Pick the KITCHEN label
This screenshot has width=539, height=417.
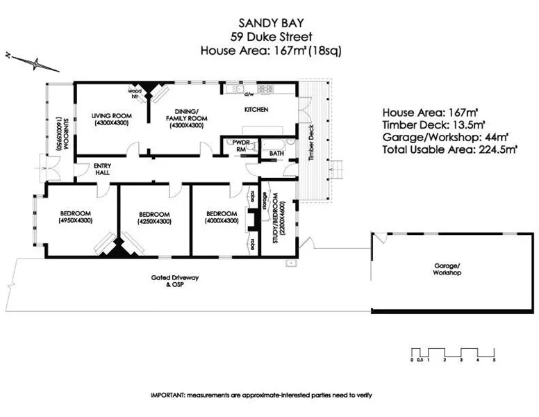coord(255,110)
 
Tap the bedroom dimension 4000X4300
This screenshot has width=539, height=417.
coord(221,220)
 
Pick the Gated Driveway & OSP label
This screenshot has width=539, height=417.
coord(175,281)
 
